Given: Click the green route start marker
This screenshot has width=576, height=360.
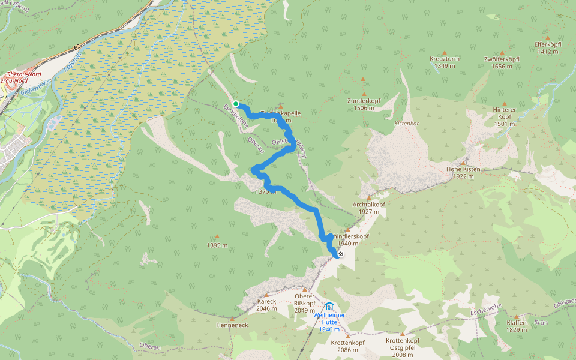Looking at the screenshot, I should coord(236,104).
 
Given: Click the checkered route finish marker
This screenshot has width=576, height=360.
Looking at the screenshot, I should coord(340,254).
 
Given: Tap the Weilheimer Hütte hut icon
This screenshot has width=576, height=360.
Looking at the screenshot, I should coord(329,307).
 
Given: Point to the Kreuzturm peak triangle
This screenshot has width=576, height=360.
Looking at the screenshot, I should coord(445,53).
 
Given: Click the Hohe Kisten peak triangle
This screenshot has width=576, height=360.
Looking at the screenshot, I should coord(463,163).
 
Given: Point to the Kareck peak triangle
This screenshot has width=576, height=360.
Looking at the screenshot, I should coord(266,295).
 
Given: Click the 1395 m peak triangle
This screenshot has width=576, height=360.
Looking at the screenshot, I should coord(217,237).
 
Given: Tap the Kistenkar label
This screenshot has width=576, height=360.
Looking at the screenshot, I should coord(406,123).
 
